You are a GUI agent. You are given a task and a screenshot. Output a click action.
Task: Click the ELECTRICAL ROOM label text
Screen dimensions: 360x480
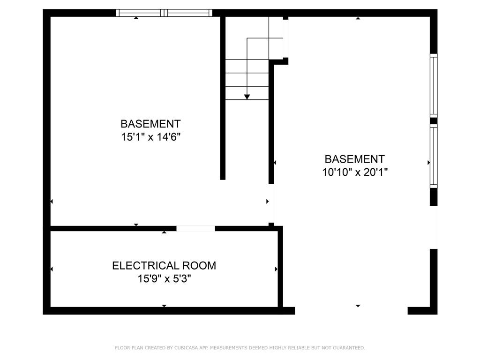tap(164, 266)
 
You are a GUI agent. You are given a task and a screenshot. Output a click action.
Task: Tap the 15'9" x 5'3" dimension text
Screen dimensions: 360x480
tap(164, 279)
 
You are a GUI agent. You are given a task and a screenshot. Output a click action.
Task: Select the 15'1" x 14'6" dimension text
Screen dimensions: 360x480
tap(150, 137)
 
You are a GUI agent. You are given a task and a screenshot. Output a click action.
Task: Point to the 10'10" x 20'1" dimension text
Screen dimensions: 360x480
tap(355, 172)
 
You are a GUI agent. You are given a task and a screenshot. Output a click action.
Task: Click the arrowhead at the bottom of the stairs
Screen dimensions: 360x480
tap(247, 97)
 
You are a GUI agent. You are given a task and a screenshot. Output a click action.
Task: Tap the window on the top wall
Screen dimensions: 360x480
tap(164, 13)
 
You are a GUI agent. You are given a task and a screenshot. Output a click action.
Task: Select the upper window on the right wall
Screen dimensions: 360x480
tap(434, 85)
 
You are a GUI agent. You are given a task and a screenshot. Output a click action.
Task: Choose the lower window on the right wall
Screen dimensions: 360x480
tap(434, 156)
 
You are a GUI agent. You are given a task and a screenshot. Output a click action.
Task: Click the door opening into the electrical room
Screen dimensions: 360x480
tap(195, 229)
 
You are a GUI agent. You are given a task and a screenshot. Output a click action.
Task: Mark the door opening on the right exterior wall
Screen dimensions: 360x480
tap(434, 227)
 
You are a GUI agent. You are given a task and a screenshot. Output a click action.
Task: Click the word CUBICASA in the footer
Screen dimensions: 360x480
tap(185, 348)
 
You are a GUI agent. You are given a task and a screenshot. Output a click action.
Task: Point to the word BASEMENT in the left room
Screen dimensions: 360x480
tap(150, 124)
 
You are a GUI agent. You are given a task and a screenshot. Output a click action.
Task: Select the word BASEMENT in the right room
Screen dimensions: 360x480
tap(355, 159)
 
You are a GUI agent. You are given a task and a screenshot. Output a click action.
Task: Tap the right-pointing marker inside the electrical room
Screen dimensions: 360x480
tap(277, 269)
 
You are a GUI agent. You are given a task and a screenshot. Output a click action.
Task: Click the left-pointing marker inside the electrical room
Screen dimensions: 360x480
tap(51, 269)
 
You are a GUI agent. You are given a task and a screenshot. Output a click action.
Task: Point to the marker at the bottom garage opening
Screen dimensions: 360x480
tap(358, 306)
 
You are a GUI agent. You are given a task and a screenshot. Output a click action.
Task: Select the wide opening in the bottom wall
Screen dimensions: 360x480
tap(351, 310)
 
